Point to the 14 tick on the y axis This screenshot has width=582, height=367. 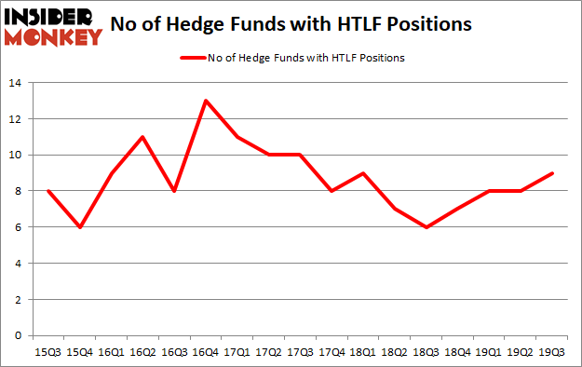click(x=17, y=83)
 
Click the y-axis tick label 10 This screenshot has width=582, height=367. click(x=17, y=156)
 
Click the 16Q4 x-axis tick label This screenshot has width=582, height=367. click(x=206, y=352)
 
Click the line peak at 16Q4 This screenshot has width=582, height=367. click(x=206, y=101)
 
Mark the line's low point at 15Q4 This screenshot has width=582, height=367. click(x=79, y=227)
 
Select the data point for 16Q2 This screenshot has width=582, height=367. click(x=142, y=137)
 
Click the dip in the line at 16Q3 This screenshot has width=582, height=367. click(x=174, y=191)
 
